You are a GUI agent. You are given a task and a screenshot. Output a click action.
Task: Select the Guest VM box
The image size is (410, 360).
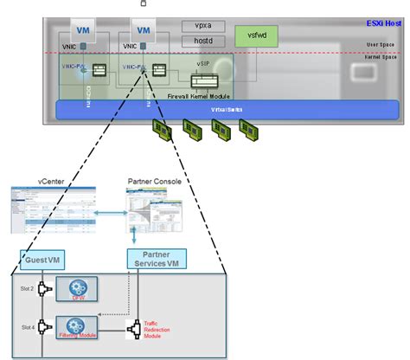[46, 259]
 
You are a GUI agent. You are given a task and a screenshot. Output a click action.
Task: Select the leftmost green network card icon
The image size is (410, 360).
[163, 130]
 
